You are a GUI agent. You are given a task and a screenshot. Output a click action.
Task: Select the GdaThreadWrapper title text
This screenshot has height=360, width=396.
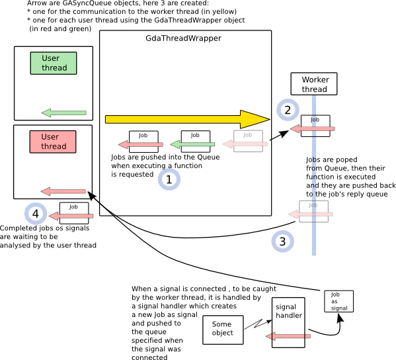pyautogui.click(x=183, y=38)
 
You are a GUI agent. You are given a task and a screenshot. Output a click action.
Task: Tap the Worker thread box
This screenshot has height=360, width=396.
pyautogui.click(x=314, y=85)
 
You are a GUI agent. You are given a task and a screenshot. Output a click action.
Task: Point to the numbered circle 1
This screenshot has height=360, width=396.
pyautogui.click(x=169, y=179)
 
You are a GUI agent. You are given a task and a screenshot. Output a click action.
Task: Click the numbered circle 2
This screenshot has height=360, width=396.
pyautogui.click(x=287, y=110)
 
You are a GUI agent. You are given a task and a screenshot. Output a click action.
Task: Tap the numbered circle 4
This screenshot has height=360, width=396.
pyautogui.click(x=35, y=214)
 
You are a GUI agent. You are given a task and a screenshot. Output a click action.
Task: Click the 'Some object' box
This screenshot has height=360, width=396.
pyautogui.click(x=222, y=328)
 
